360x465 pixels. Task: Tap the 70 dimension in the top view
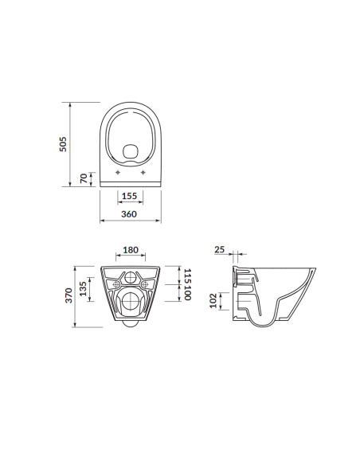click(x=84, y=178)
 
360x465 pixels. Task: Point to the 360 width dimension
click(x=129, y=214)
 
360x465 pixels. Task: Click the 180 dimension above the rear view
click(x=131, y=250)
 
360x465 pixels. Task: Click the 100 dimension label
click(x=187, y=294)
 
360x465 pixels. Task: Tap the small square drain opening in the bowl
click(x=130, y=149)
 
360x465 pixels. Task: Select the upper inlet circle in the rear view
click(x=131, y=279)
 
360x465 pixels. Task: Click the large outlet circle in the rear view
click(x=131, y=303)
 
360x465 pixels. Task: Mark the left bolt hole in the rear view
click(x=115, y=283)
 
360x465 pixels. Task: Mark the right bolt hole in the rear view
click(x=146, y=283)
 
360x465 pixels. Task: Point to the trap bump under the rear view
click(x=131, y=327)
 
